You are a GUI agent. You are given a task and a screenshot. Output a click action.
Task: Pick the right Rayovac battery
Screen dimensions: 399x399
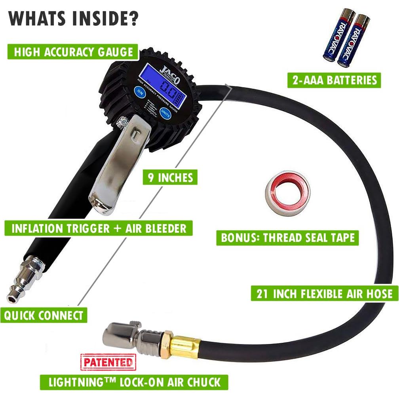click(x=355, y=38)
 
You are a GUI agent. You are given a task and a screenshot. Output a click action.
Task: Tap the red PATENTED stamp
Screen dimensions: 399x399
click(x=108, y=362)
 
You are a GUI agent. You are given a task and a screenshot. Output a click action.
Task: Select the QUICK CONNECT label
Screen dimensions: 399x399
click(x=44, y=315)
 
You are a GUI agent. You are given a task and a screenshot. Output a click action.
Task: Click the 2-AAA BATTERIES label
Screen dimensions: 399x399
click(x=334, y=80)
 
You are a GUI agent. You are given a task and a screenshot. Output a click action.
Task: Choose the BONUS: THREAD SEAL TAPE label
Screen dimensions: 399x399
click(x=287, y=238)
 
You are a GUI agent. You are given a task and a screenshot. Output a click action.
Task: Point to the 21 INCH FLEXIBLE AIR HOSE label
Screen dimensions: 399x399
click(x=325, y=294)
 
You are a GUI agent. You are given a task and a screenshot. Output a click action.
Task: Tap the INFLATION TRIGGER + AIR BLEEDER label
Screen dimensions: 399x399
click(x=99, y=228)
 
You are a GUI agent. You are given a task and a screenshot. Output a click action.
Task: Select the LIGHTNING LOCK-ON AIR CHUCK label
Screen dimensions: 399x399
click(x=134, y=382)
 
